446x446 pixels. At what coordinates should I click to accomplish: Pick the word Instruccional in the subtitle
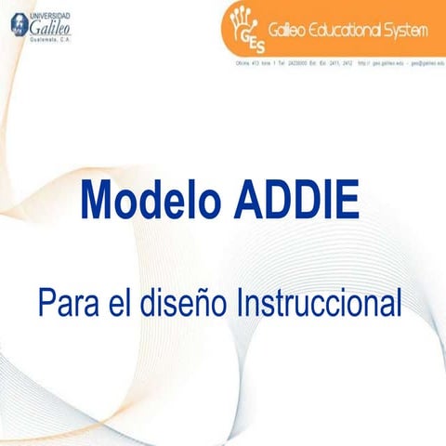pyautogui.click(x=320, y=303)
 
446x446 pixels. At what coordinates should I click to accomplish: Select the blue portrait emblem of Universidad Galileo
pyautogui.click(x=17, y=28)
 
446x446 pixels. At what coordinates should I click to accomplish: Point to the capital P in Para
pyautogui.click(x=46, y=303)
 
